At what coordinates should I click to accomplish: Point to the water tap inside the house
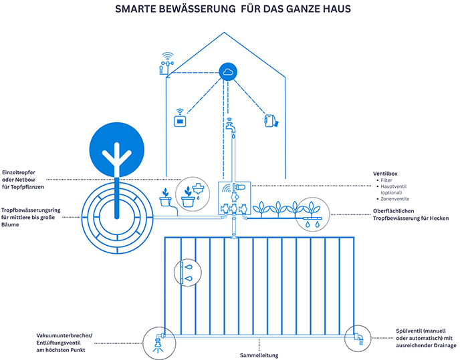231,126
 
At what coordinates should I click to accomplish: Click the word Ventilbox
386,173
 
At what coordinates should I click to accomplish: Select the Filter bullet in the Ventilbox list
387,181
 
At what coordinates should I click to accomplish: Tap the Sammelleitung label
258,355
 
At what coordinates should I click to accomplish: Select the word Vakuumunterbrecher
64,335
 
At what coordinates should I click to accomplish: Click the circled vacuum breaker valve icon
158,339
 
